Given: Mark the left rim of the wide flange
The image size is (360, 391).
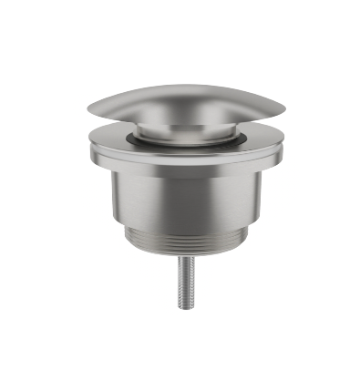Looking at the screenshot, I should [88, 146].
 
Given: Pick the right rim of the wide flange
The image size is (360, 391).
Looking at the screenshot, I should [271, 146].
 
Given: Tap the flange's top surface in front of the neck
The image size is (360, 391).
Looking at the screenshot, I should [179, 152].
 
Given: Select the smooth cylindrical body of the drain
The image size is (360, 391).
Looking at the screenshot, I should [179, 205].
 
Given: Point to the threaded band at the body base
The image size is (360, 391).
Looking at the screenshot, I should [179, 244].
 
